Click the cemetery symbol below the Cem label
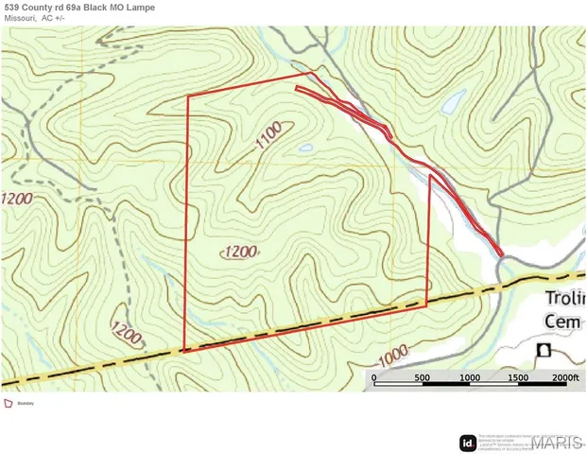click(544, 350)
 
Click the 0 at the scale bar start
click(374, 377)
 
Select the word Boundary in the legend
click(26, 403)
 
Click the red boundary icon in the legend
click(9, 403)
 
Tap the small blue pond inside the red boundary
click(305, 148)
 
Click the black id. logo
click(467, 442)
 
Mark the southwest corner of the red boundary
click(184, 349)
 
